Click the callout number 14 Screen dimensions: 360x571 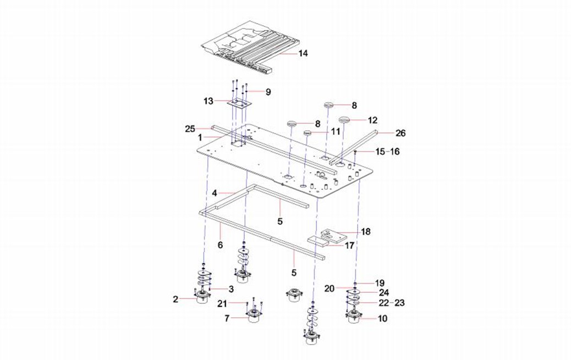pos(303,53)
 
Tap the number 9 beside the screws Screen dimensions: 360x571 pos(268,92)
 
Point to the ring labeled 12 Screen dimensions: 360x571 pos(345,120)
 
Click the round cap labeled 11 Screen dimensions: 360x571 pos(308,133)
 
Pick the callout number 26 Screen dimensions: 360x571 pos(400,132)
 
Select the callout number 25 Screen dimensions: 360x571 pos(190,129)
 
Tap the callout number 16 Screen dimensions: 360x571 pos(394,151)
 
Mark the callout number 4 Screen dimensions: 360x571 pos(215,192)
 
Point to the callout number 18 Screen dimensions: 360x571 pos(365,231)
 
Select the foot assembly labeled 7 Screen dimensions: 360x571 pos(253,317)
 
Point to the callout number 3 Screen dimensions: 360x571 pos(232,289)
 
